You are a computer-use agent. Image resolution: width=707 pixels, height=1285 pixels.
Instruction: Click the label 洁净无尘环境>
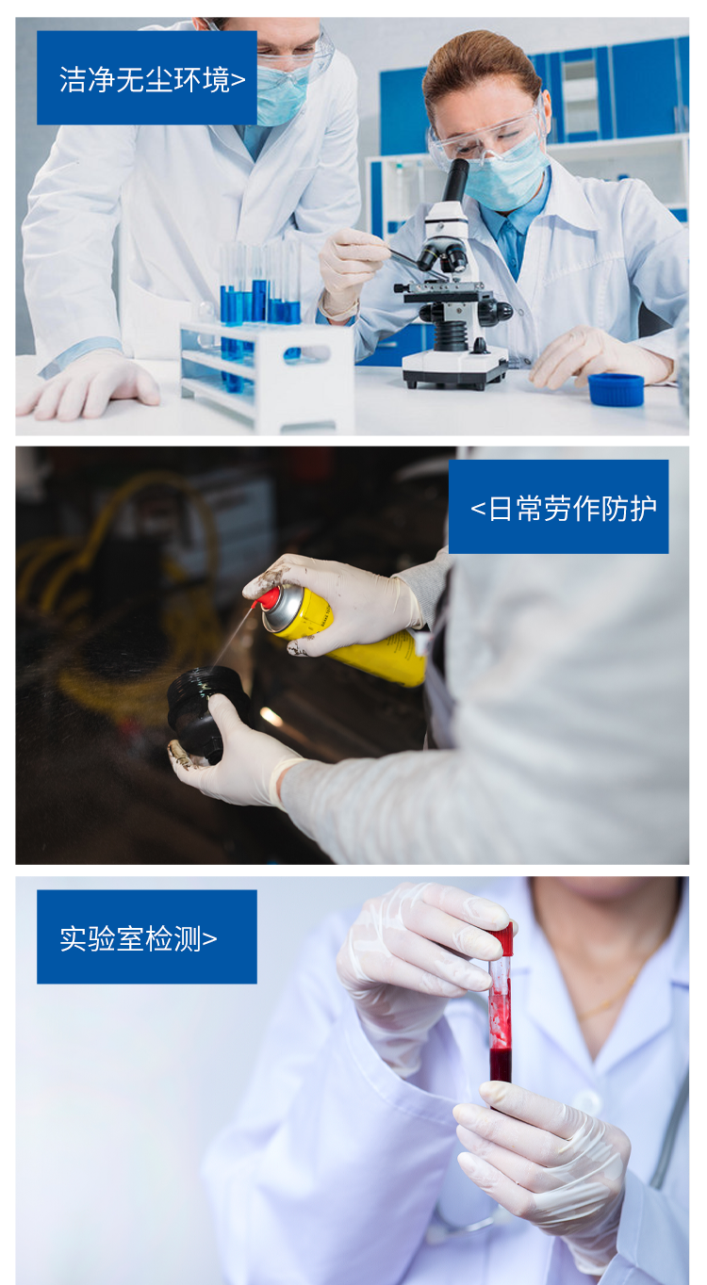pos(147,78)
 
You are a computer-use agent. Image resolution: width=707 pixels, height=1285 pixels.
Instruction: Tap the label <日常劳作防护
pos(558,507)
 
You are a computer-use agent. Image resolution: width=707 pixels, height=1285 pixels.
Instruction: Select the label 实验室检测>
pos(146,936)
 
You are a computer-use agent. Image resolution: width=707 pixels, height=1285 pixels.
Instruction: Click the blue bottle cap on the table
pos(616,389)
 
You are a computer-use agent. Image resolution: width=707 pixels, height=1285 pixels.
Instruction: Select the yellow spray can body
pos(358,636)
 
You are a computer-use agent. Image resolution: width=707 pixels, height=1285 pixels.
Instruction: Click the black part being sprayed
pos(203,711)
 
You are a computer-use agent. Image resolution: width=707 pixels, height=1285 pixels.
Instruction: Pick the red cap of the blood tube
pos(501,939)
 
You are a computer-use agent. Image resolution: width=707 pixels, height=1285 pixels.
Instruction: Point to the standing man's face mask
pos(282,95)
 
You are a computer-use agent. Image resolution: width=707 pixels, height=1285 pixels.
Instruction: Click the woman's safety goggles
pos(485,138)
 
